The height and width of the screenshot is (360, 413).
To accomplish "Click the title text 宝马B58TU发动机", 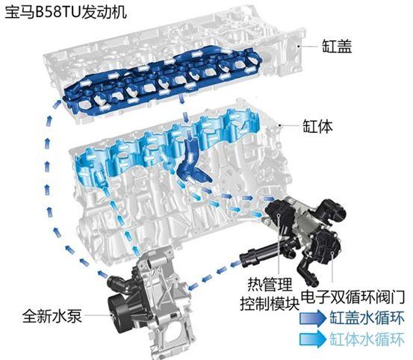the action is point(66,13).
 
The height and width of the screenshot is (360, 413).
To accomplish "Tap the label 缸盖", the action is point(337,46).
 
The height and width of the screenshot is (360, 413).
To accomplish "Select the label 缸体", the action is point(317,126).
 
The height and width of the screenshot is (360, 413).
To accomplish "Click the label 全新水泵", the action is point(52,316).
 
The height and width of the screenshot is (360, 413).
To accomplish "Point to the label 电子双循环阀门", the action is point(353,297).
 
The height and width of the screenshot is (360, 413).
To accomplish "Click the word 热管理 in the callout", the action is point(270,285).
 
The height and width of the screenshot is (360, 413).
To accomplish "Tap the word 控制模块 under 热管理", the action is point(270,304).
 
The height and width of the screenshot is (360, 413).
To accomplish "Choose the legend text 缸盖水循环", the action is point(367,318).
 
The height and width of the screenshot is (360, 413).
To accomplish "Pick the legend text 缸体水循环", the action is point(367,339).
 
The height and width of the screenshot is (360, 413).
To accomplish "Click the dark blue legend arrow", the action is point(313,318).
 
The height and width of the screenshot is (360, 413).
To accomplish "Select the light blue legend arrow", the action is point(313,339).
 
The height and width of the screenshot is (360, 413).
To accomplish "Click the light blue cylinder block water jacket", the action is point(158,150).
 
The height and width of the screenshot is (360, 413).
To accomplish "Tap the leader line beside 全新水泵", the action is point(98,315).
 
